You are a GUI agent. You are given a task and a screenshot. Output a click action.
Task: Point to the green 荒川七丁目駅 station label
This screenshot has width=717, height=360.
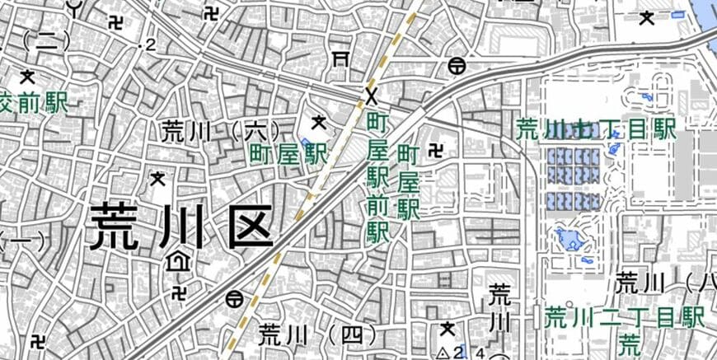coord(595,129)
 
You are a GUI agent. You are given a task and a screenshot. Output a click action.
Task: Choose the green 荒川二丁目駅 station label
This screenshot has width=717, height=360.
coord(625,317)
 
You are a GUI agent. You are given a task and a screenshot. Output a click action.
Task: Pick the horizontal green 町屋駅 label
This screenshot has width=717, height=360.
coord(288,152)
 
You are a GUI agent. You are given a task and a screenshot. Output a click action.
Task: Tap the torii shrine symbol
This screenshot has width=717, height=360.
coord(339,57)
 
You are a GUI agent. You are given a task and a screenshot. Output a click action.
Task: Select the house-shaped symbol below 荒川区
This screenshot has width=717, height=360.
coord(176,262)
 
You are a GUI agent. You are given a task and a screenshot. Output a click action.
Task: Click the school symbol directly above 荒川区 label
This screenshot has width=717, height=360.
coord(157,177)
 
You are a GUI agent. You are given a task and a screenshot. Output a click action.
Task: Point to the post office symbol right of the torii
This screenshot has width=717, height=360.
coord(456,65)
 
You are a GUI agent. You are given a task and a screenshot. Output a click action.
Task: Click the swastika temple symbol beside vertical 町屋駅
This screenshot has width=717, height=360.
coord(435,150)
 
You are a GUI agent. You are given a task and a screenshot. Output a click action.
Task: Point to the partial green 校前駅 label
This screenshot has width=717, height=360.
coord(33,103)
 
